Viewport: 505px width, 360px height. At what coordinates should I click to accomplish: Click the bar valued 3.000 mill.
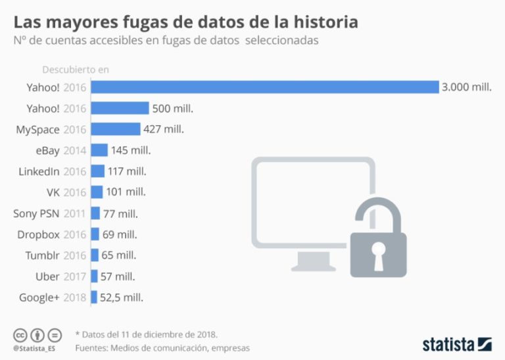pos(264,87)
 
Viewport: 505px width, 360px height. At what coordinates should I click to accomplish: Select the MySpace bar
pos(115,129)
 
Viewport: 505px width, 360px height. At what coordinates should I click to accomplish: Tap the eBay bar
pos(99,150)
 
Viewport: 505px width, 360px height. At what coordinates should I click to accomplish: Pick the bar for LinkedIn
pos(97,171)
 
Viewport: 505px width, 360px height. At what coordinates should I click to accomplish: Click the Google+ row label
pos(39,297)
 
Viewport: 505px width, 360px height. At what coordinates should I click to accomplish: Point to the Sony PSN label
pos(37,213)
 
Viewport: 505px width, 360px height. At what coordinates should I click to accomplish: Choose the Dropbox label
pos(38,234)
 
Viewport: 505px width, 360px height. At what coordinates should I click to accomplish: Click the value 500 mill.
pos(172,108)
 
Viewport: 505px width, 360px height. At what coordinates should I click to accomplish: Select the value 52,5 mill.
pos(122,297)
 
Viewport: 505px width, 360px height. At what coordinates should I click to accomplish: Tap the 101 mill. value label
pos(126,192)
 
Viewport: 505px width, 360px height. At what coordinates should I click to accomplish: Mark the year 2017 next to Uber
pos(75,276)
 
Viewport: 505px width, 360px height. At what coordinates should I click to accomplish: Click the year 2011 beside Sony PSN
pos(75,213)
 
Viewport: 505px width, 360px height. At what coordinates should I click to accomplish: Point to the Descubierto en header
pos(76,69)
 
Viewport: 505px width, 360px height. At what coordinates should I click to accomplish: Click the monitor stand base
pos(312,267)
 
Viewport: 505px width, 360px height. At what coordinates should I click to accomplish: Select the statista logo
pos(456,344)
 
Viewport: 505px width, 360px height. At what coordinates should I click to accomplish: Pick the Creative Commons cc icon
pos(19,334)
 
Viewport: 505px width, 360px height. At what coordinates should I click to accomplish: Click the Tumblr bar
pos(95,255)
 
